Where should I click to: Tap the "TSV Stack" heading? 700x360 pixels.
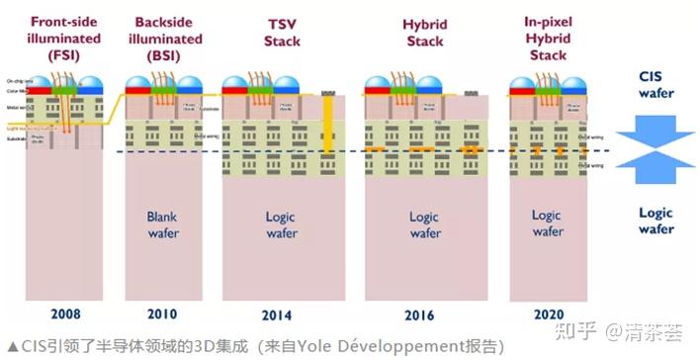click(x=280, y=32)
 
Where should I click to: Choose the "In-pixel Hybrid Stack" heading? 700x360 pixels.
click(x=547, y=37)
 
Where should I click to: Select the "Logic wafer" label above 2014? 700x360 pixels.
click(x=282, y=225)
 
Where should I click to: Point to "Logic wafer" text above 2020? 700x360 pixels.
click(x=547, y=225)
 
